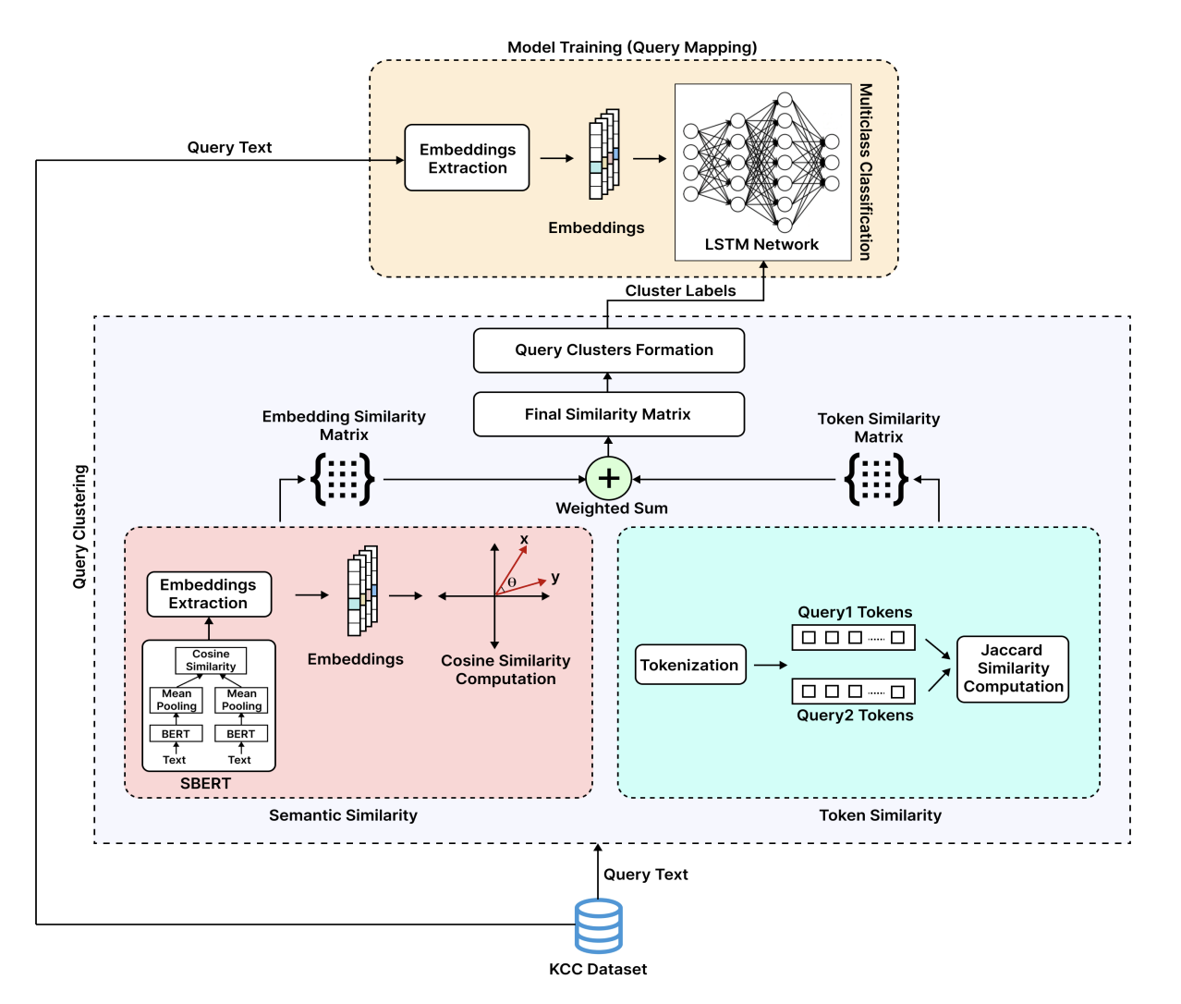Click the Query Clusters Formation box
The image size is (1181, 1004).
pos(609,350)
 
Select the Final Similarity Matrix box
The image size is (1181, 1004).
pos(609,414)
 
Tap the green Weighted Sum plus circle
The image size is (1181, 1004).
pos(609,478)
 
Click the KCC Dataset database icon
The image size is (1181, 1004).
pos(598,925)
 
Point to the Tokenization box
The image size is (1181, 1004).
pos(690,665)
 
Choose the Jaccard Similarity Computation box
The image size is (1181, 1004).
pos(1012,668)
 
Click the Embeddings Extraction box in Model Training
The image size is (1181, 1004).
pos(467,158)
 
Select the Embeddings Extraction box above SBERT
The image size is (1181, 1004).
pos(209,594)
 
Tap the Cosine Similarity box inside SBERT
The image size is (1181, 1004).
pos(211,660)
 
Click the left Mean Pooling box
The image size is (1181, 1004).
pos(176,700)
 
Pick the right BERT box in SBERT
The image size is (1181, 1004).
pos(241,733)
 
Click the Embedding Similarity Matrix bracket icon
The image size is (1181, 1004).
pos(343,479)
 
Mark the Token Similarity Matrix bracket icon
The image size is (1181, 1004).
pos(877,479)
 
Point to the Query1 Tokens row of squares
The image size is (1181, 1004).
pos(853,637)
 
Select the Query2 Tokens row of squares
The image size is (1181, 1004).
pos(853,691)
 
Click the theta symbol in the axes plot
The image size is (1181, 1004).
pos(512,582)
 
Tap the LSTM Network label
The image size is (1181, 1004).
pos(761,244)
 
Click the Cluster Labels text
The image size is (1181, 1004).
pos(680,290)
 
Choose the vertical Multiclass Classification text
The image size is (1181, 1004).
pos(865,171)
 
